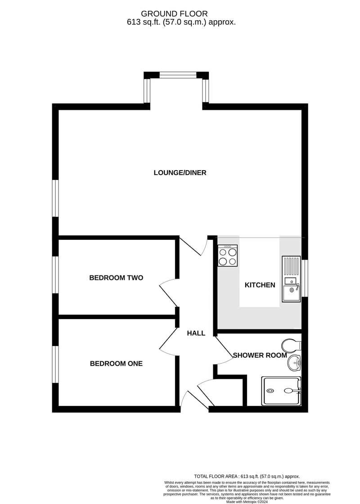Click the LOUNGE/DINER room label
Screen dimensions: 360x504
[x=180, y=173]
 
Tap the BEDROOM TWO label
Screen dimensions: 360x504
[x=116, y=278]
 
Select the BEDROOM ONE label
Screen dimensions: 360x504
[x=116, y=364]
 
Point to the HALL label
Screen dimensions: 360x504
[x=196, y=333]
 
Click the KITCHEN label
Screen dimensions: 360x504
[x=260, y=285]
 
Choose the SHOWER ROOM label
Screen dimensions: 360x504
[x=260, y=355]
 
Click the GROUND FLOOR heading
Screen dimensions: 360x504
[x=174, y=13]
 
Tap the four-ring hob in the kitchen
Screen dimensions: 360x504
[x=228, y=256]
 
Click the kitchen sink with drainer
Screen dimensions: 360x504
[x=291, y=279]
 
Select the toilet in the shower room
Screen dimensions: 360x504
[x=291, y=346]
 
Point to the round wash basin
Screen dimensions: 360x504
[x=294, y=363]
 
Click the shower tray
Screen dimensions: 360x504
[x=282, y=391]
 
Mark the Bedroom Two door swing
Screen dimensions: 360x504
[x=168, y=292]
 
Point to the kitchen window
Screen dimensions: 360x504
[x=305, y=278]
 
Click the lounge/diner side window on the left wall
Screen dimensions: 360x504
[x=55, y=198]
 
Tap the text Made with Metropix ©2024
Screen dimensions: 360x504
[x=247, y=501]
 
